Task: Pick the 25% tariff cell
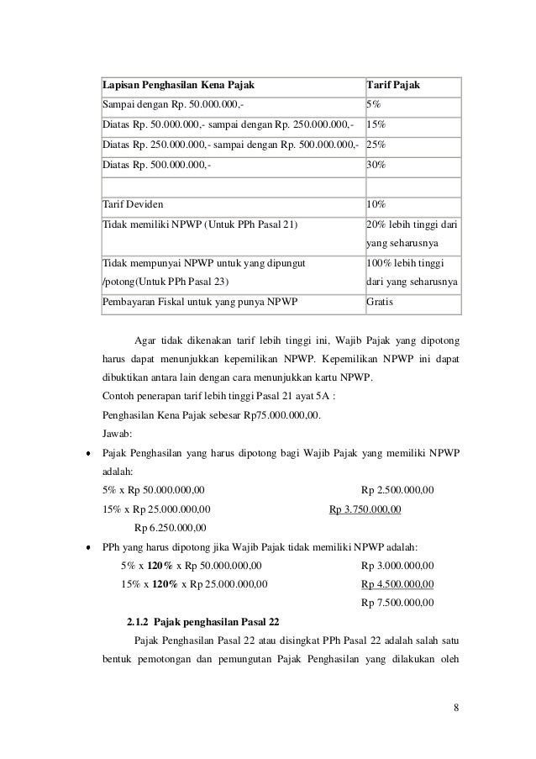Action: pos(376,145)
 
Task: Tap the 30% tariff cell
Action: pos(376,165)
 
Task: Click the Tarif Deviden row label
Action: pos(134,204)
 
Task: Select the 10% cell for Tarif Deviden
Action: pos(376,204)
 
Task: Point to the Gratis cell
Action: pos(381,302)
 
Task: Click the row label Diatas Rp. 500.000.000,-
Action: pos(157,165)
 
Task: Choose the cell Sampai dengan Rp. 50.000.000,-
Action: pos(168,107)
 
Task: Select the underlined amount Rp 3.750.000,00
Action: pos(365,509)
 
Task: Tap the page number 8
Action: pos(455,705)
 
